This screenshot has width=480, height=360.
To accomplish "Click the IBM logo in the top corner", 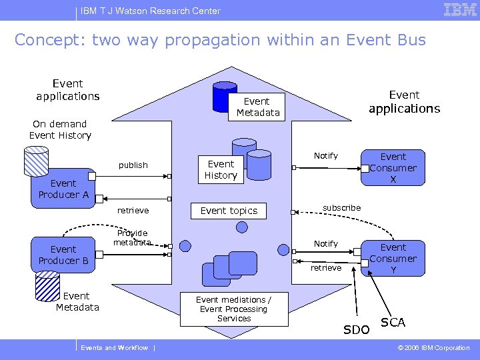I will point(459,9).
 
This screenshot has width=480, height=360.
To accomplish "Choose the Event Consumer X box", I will point(393,168).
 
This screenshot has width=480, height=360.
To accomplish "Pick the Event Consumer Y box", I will point(393,258).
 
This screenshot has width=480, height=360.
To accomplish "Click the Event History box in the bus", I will point(221,169).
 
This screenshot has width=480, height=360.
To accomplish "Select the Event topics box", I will point(229,211).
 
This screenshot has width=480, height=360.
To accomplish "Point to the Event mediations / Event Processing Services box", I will point(234,309).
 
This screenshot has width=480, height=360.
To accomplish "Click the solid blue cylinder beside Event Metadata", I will point(224,98).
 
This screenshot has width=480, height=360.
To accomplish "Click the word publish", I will point(133,165).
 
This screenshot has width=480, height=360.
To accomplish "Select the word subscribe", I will point(341,207).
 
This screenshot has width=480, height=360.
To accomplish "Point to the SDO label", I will point(356,330).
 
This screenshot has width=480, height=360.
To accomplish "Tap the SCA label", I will point(393,323).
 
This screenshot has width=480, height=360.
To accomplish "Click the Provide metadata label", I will point(132,238).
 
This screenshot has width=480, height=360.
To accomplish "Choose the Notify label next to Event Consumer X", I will point(326,155).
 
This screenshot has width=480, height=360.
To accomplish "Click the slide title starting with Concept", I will point(220,40).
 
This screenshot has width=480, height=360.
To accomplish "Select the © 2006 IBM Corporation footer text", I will point(434,348).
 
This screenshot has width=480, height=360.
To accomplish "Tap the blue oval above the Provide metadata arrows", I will point(240,225).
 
